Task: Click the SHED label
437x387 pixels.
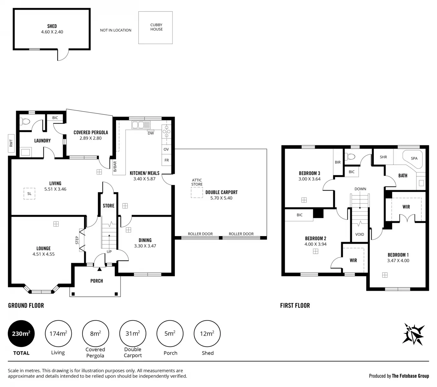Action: coord(52,26)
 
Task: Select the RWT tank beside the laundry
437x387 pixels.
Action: coord(11,143)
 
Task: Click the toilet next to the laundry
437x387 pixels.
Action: coord(25,122)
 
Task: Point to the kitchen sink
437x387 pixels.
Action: coord(141,125)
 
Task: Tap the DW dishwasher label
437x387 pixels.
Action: coord(151,133)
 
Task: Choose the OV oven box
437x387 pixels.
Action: coord(166,149)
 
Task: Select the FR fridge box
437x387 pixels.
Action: coord(166,160)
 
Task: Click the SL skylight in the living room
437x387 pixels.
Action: coord(29,193)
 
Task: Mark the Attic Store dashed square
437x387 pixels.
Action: coord(197,192)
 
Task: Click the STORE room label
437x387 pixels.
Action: coord(109,206)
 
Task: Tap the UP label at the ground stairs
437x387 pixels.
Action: coord(109,252)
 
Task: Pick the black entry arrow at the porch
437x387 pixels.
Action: coord(100,269)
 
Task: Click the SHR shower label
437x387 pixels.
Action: coord(383,157)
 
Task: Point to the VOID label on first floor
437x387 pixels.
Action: coord(359,234)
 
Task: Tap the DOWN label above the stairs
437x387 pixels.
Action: coord(360,189)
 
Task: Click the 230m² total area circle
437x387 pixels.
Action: coord(21,333)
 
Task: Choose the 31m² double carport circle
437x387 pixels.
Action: coord(133,333)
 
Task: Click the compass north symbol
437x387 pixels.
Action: coord(413,334)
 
